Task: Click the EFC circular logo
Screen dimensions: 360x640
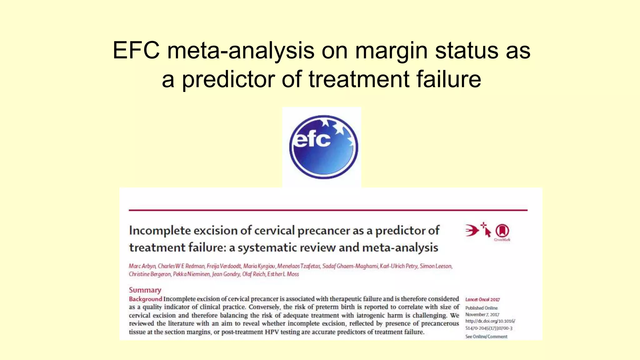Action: coord(323,147)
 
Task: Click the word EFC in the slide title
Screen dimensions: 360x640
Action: coord(136,50)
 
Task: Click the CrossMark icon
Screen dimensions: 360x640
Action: coord(502,232)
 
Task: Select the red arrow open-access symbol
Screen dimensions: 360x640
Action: coord(472,231)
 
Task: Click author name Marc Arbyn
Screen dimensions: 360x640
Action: coord(142,266)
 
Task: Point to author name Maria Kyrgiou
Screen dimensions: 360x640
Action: coord(259,266)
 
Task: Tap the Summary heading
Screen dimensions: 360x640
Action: coord(145,290)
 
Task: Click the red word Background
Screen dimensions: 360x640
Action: coord(145,299)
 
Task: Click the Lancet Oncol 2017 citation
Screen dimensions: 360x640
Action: coord(482,299)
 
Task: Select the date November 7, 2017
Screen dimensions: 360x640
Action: coord(482,314)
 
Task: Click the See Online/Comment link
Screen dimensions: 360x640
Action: coord(486,337)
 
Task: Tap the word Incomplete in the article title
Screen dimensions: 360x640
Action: coord(160,231)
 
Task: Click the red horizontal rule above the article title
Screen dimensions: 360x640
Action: coord(328,210)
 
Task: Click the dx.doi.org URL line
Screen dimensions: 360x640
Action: coord(490,321)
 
